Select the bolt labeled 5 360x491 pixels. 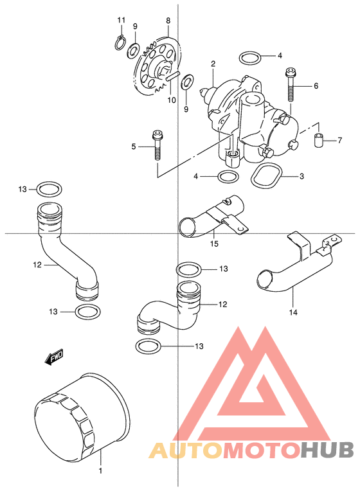tap(157, 145)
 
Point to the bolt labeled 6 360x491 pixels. tap(290, 85)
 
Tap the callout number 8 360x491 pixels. tap(168, 21)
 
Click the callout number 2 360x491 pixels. tap(213, 64)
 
